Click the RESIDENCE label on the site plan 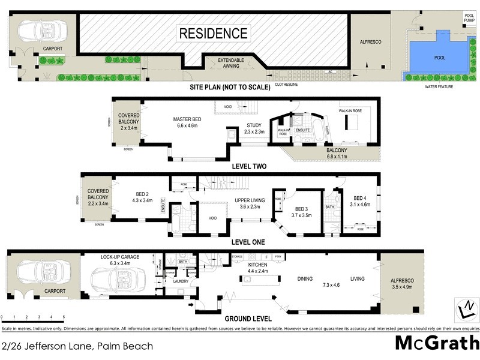pos(213,34)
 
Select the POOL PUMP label pos(469,18)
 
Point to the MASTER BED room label pos(187,122)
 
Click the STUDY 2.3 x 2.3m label pos(254,128)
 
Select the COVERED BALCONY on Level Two pos(128,122)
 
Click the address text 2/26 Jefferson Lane pos(77,346)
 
